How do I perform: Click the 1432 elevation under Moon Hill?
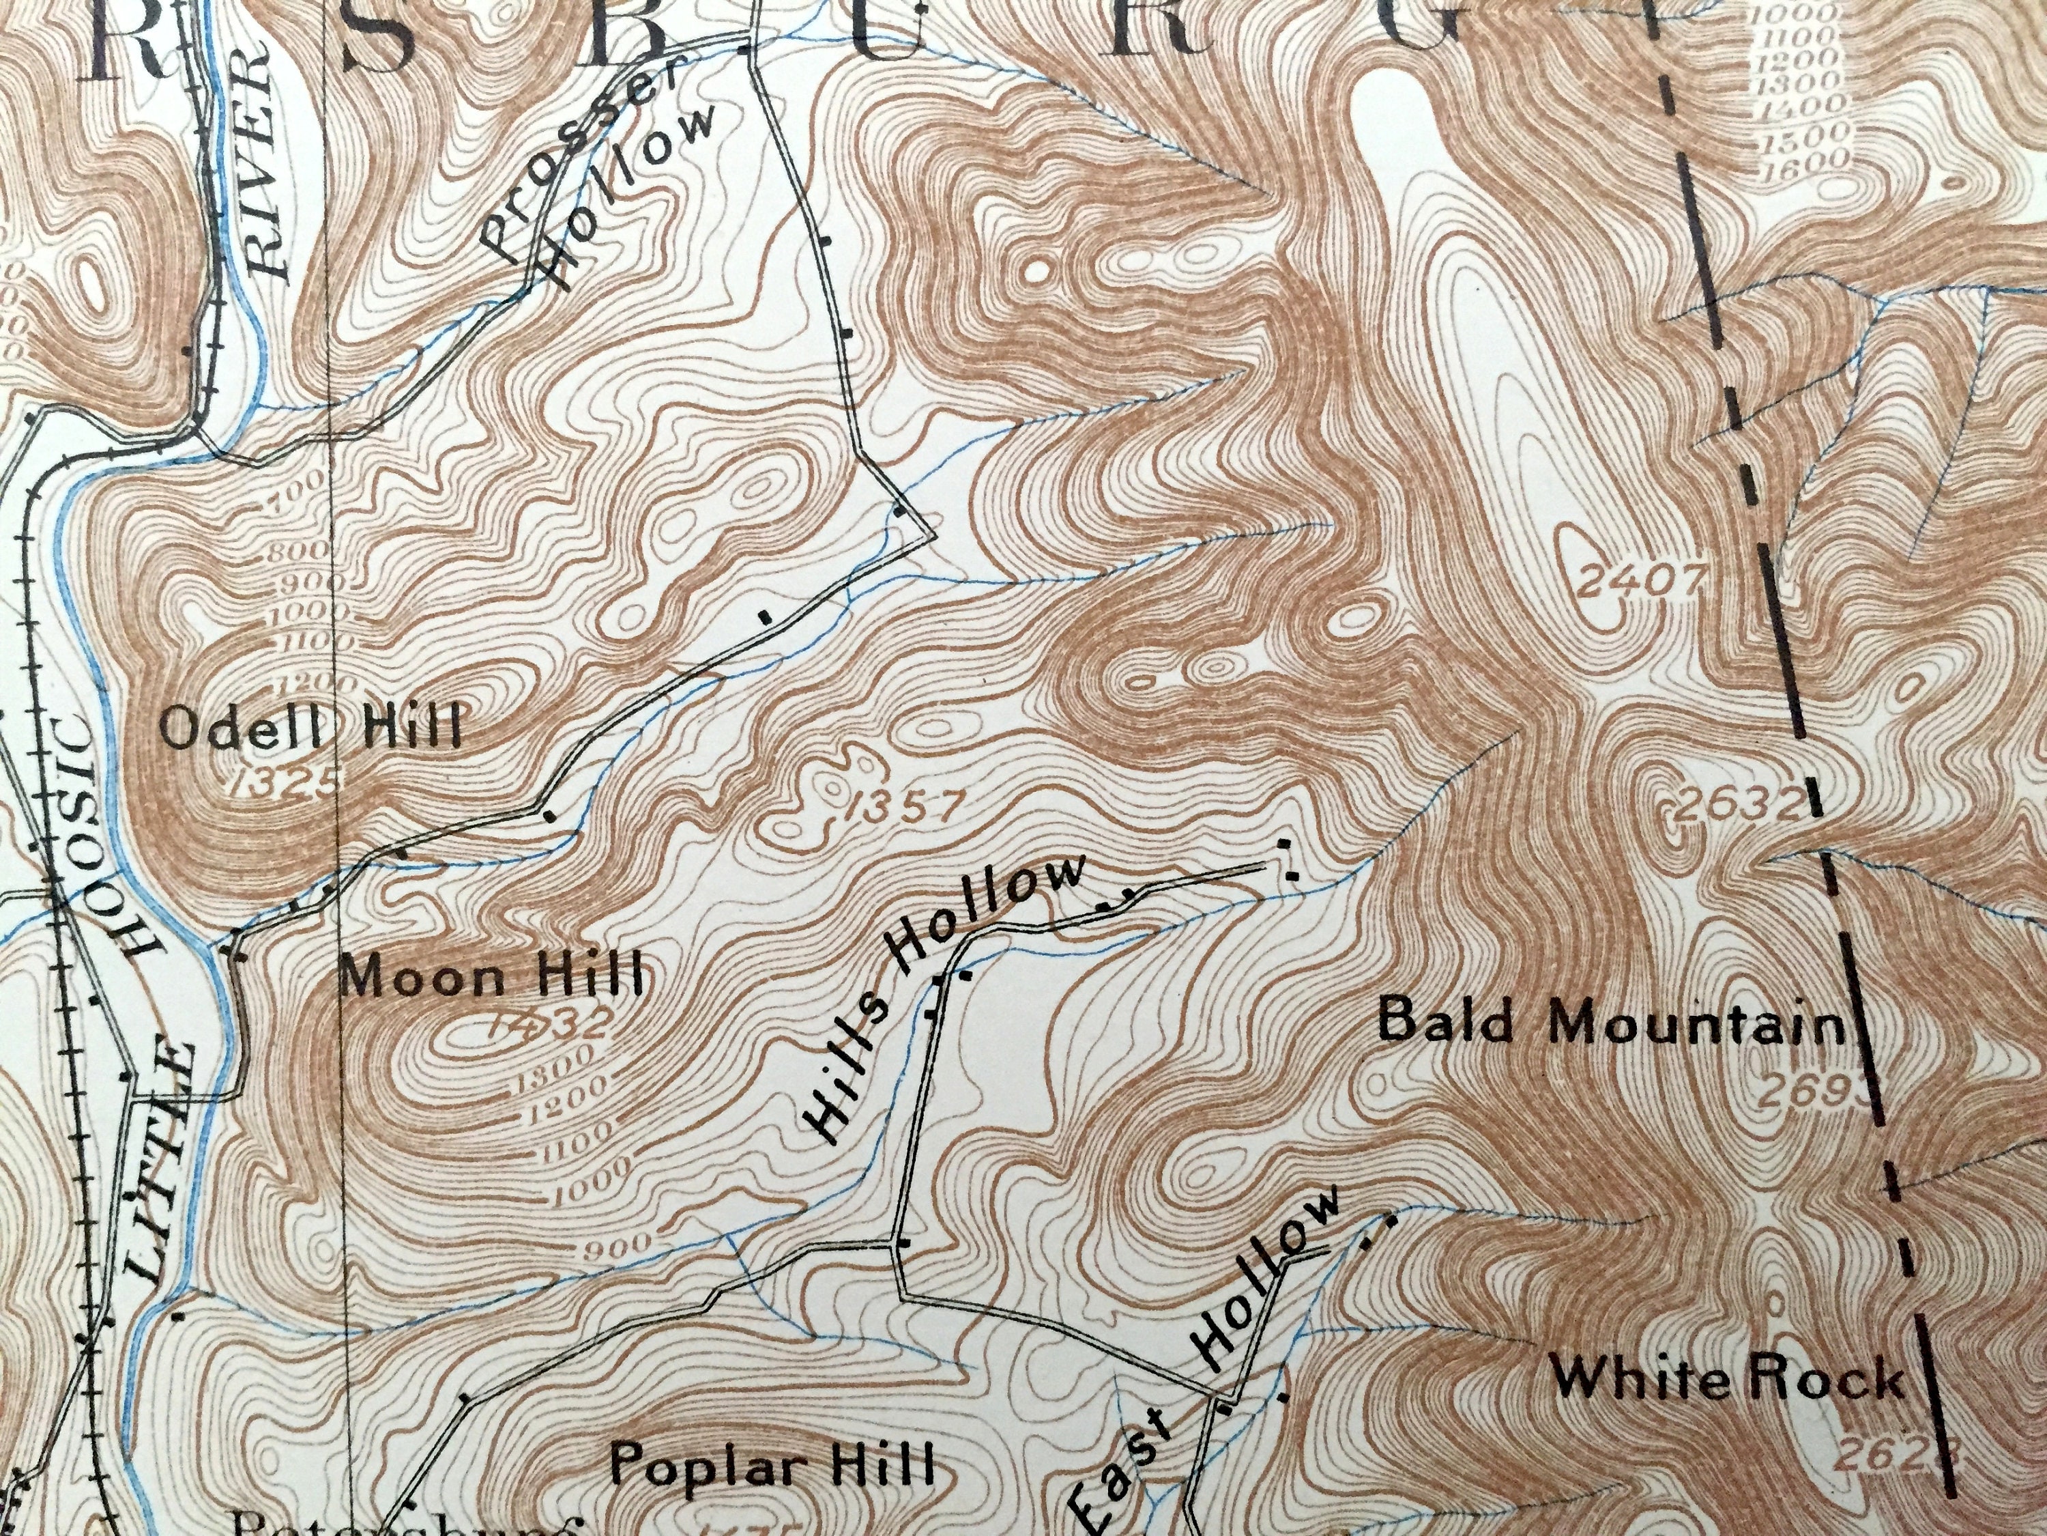coord(551,1023)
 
